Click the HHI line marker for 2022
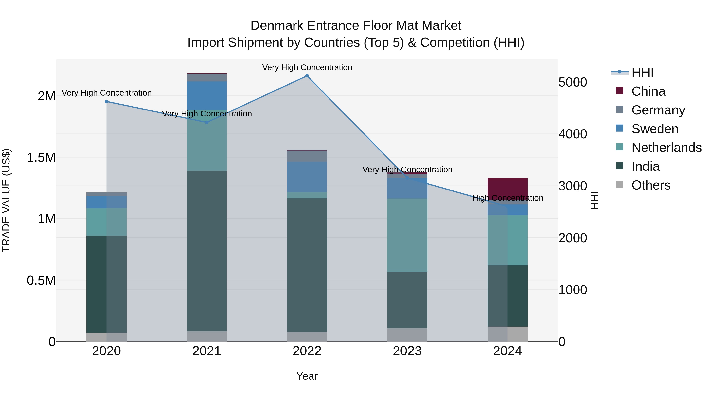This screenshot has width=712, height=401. [307, 76]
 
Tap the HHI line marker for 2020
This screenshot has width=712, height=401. [106, 102]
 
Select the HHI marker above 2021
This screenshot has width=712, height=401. [207, 122]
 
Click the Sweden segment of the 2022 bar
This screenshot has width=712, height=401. [307, 177]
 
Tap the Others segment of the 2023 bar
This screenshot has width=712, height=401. [407, 335]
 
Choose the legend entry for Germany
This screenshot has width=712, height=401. [658, 110]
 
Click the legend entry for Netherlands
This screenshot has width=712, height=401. [666, 148]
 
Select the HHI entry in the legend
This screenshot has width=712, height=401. [642, 72]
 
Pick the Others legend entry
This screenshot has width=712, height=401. [651, 185]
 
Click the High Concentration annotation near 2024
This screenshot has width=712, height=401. [507, 198]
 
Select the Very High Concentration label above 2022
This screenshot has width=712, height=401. [307, 67]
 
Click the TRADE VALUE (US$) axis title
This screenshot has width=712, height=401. [6, 200]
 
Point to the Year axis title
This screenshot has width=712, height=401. [307, 376]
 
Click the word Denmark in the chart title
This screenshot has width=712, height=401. [277, 26]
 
